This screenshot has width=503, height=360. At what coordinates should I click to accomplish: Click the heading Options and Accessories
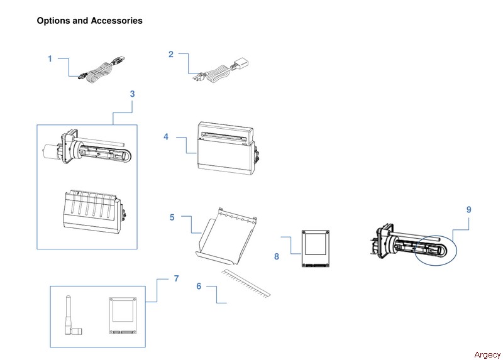point(89,21)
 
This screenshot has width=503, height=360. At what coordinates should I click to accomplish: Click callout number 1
point(50,59)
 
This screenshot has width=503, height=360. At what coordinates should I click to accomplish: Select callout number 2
point(170,54)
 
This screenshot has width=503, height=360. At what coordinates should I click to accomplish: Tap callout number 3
point(132,94)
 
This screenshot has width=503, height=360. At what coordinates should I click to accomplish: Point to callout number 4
point(166,136)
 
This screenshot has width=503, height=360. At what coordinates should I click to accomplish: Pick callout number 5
point(172,217)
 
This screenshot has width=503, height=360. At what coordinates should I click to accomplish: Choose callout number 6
point(199,286)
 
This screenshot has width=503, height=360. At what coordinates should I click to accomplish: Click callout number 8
point(276,256)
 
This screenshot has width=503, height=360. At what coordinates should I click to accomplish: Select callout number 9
point(468,210)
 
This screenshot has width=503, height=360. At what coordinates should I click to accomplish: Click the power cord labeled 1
point(97,68)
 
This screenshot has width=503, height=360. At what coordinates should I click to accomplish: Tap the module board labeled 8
point(316,248)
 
